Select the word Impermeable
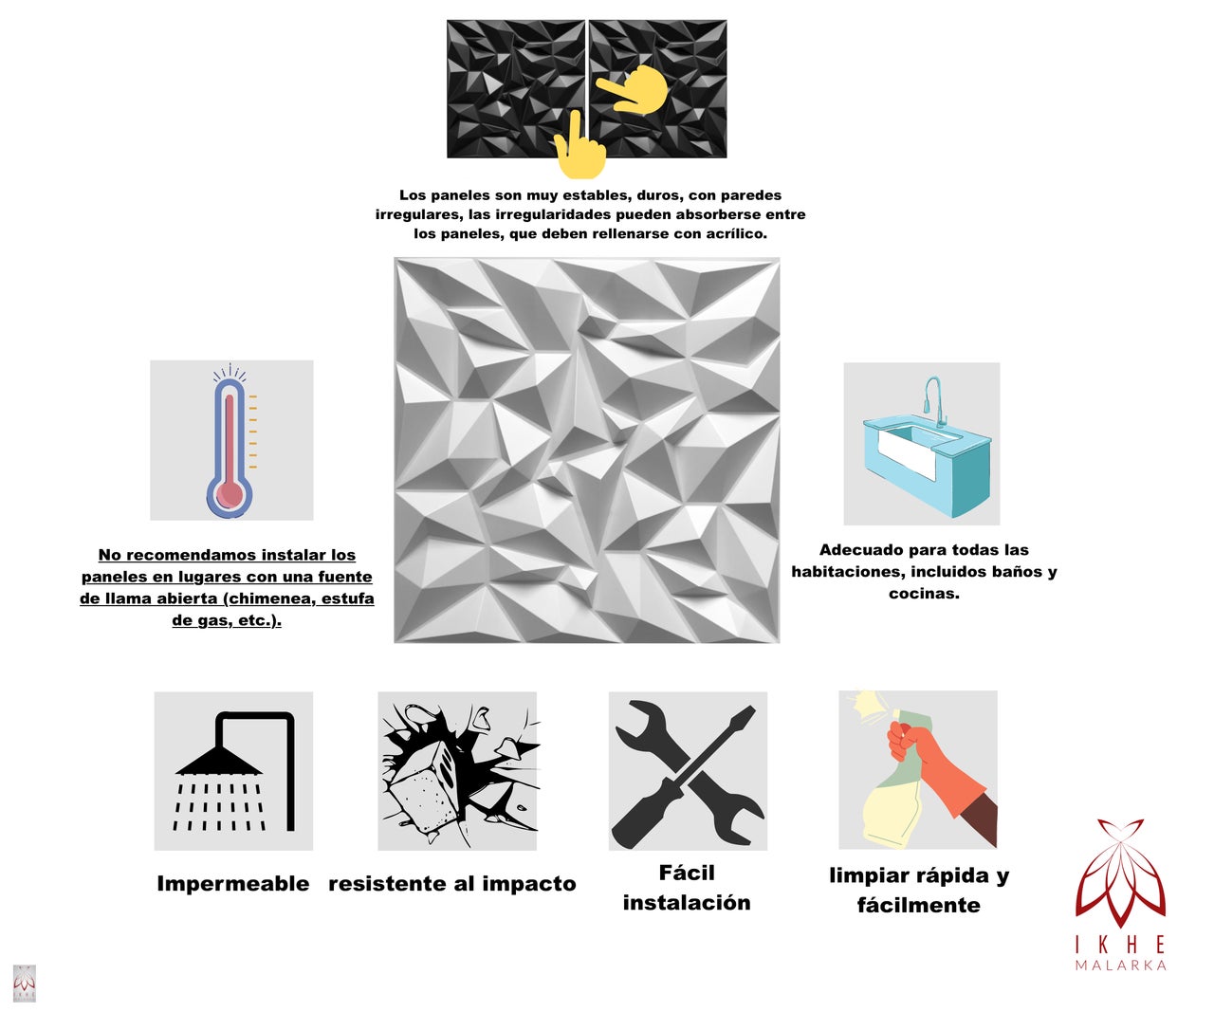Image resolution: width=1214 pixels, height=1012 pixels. [232, 884]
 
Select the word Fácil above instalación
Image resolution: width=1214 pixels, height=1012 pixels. [687, 873]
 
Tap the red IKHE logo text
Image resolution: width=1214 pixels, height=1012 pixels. [1120, 944]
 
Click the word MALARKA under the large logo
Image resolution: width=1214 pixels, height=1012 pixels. [1120, 966]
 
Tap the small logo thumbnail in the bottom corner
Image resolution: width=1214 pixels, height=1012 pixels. [24, 983]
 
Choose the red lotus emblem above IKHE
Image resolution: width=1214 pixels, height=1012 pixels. [1120, 873]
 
